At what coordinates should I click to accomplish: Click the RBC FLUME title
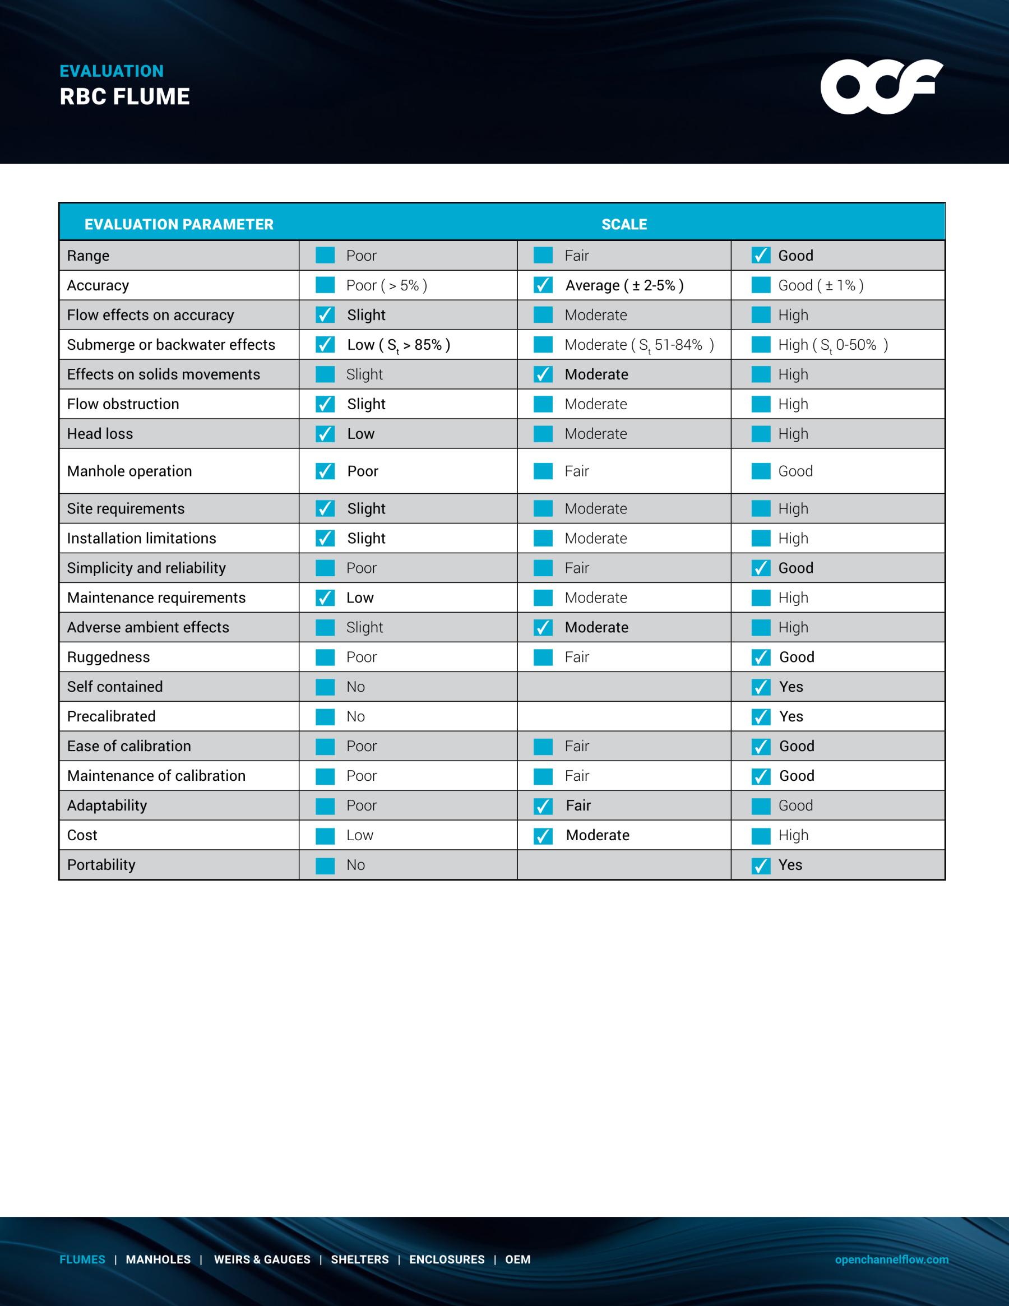tap(124, 97)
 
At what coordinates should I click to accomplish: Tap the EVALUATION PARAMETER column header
tap(179, 224)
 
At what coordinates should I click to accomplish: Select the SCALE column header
tap(624, 224)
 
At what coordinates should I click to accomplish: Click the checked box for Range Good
tap(761, 256)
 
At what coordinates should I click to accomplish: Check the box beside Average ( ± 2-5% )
tap(543, 285)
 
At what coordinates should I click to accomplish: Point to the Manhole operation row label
tap(129, 471)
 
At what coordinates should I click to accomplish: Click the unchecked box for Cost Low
tap(325, 835)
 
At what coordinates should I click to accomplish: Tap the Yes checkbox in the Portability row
tap(761, 865)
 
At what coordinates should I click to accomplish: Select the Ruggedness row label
tap(108, 657)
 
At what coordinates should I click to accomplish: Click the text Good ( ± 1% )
tap(821, 285)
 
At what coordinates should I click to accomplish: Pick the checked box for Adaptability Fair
tap(543, 806)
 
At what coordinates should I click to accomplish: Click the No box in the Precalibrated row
tap(325, 716)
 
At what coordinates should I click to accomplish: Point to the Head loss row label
tap(100, 433)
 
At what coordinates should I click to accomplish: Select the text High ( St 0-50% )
tap(832, 345)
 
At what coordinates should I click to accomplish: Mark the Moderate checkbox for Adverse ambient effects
tap(543, 627)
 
